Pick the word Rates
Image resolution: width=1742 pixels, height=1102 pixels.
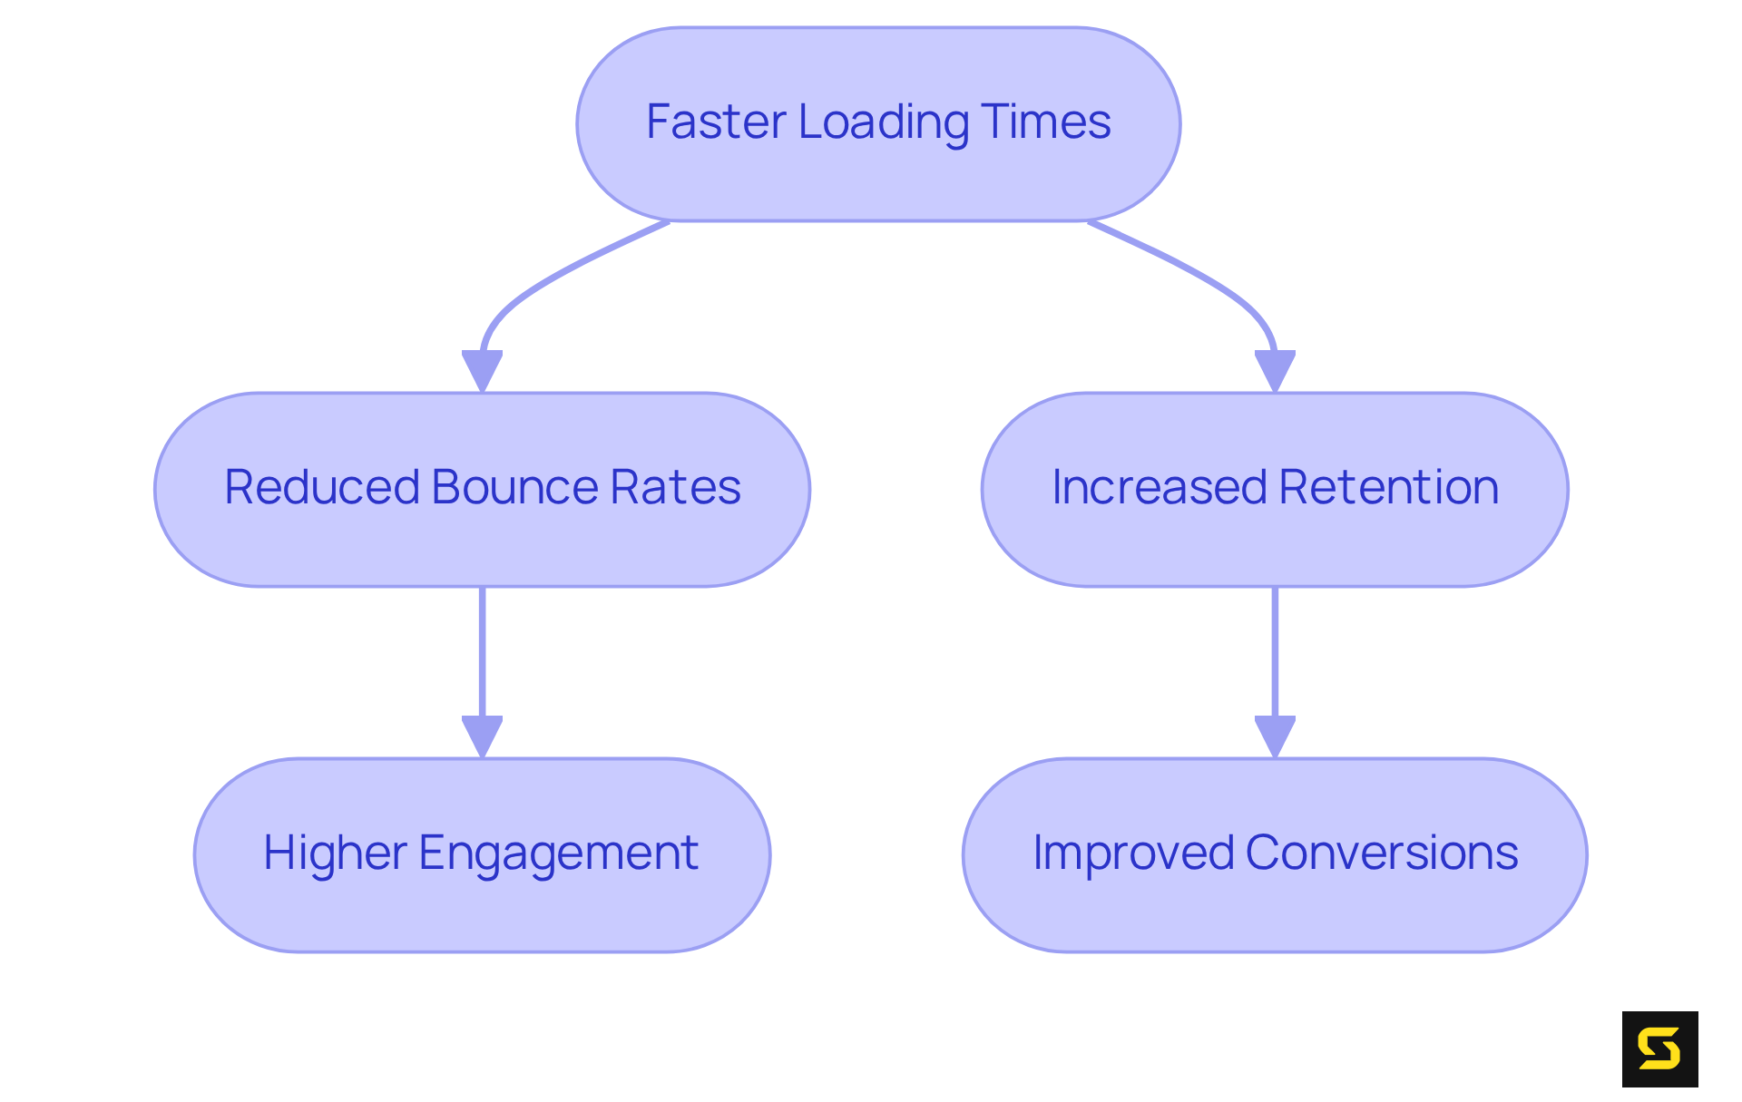(675, 487)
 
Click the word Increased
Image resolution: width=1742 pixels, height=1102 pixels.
(1160, 487)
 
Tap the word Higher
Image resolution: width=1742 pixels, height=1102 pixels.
(335, 853)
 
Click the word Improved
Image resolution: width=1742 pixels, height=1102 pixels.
(1133, 853)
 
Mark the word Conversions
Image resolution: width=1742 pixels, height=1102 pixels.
(1382, 853)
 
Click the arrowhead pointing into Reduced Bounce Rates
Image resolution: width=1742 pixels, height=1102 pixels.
(482, 370)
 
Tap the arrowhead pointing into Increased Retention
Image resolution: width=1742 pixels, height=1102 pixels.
(1275, 370)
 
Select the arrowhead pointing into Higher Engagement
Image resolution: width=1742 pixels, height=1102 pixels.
(482, 736)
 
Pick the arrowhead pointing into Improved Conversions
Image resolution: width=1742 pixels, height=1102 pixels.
(1275, 736)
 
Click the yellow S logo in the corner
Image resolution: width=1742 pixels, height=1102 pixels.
(1659, 1048)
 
